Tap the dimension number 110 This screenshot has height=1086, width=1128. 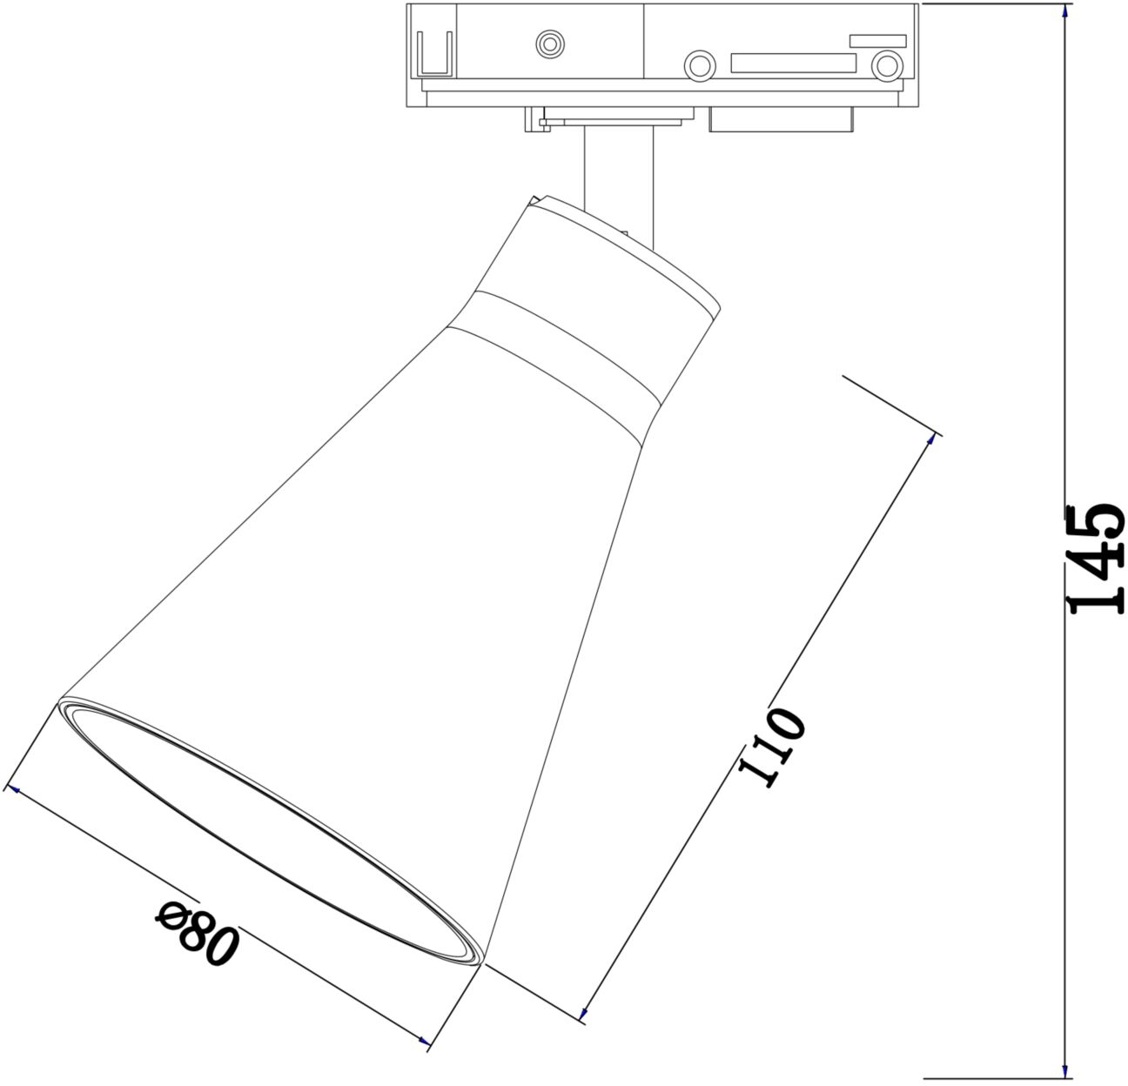tap(771, 747)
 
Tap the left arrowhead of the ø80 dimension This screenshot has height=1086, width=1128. tap(14, 789)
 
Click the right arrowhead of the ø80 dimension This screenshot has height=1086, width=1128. tap(424, 1040)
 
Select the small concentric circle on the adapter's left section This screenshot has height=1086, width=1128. tap(550, 44)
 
